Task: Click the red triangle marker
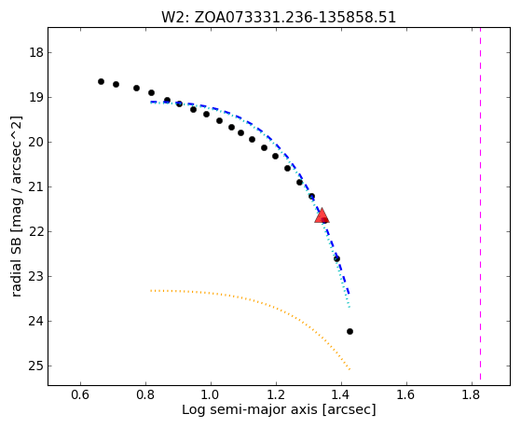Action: coord(322,215)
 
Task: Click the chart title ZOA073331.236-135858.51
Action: coord(295,18)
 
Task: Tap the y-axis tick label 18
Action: coord(36,52)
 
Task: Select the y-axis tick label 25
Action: coord(36,366)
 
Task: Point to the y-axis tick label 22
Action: coord(36,231)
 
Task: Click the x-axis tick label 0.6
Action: coord(80,394)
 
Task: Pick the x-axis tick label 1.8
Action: coord(472,394)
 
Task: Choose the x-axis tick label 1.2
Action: coord(276,394)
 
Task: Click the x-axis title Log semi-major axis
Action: coord(250,409)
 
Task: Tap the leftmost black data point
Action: coord(101,81)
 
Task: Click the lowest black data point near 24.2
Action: coord(350,331)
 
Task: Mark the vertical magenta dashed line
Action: coord(481,204)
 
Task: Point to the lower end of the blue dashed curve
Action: coord(349,295)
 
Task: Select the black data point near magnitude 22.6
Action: coord(336,258)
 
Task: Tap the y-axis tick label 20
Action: coord(36,142)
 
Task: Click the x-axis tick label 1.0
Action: coord(211,394)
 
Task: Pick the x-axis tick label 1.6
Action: coord(406,394)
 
